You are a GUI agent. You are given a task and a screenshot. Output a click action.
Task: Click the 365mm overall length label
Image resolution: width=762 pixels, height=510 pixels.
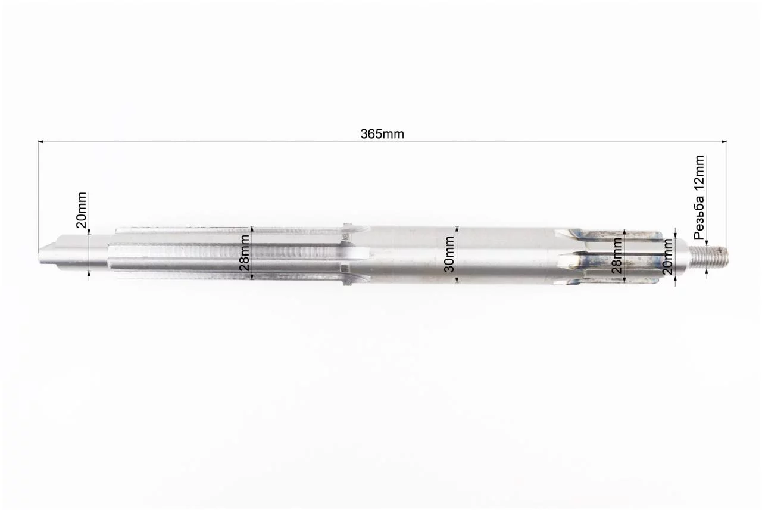382,134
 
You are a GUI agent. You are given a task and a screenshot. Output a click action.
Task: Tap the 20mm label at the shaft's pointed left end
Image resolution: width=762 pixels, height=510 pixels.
82,210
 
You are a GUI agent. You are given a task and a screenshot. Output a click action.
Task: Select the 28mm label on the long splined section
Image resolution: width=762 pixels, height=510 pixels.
244,253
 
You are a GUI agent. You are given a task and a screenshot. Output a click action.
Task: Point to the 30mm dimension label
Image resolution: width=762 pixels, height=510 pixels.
449,254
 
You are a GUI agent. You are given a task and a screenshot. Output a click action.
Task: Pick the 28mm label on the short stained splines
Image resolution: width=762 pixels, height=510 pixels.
616,256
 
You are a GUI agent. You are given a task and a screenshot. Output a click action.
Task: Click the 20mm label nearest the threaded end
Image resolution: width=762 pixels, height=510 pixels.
667,257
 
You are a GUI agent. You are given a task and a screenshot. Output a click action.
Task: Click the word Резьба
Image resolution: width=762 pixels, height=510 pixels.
699,217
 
